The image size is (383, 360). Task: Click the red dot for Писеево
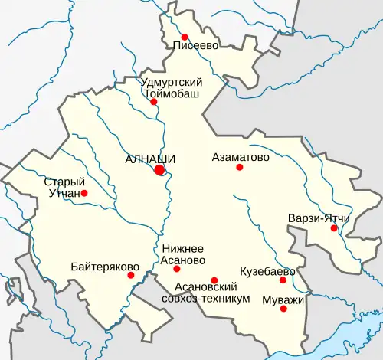185,37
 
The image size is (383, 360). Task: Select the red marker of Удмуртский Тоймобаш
154,102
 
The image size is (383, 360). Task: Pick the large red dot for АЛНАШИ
159,170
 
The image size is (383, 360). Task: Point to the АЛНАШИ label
150,159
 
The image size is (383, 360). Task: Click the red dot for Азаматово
239,167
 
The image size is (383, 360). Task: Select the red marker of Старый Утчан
84,193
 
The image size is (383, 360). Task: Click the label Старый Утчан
63,188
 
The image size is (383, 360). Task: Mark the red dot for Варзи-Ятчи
333,227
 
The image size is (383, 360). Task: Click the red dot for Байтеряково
131,275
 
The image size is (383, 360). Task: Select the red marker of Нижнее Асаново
177,269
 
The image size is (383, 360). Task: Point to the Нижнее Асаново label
184,254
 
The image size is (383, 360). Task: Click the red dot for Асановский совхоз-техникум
214,280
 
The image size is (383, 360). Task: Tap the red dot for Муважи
283,309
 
